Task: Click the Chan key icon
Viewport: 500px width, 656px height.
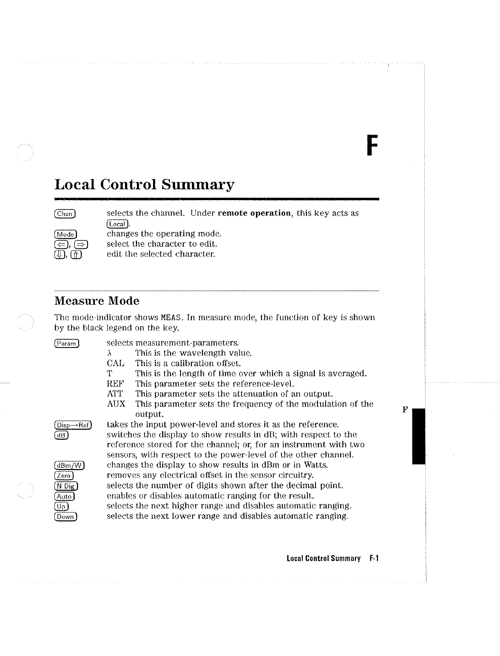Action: click(x=65, y=214)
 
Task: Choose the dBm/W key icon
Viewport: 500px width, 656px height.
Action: click(x=70, y=465)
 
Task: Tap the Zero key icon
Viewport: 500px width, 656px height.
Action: click(x=64, y=475)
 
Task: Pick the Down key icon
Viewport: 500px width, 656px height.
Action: click(x=66, y=517)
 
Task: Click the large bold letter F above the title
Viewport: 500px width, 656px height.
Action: click(x=372, y=146)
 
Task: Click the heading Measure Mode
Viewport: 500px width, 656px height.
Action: click(x=97, y=301)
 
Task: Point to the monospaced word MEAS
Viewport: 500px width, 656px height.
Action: click(x=171, y=318)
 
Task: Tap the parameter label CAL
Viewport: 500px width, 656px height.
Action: click(x=116, y=363)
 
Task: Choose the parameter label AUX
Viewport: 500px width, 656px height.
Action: click(x=116, y=404)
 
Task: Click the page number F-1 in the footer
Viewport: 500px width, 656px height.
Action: click(x=374, y=558)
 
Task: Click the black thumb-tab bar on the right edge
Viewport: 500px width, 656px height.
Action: click(x=419, y=435)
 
